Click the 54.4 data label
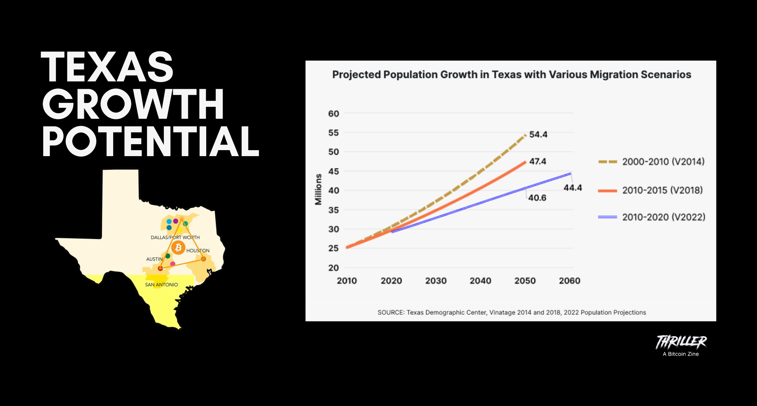click(x=538, y=134)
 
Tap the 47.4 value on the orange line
click(x=537, y=161)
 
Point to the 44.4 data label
click(x=572, y=188)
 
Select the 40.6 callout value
click(x=537, y=198)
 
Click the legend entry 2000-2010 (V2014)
click(x=663, y=162)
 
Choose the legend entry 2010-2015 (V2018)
click(x=662, y=190)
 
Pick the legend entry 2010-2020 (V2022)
click(x=663, y=217)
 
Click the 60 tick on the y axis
click(x=333, y=114)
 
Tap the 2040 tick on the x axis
click(x=480, y=281)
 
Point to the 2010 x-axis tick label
click(x=347, y=281)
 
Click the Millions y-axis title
click(x=318, y=189)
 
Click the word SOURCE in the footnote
click(x=390, y=313)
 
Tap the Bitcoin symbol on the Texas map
click(x=178, y=248)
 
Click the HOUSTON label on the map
click(x=198, y=251)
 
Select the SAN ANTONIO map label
click(x=161, y=285)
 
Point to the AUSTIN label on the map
click(x=154, y=259)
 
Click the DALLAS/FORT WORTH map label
click(x=175, y=238)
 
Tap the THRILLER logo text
click(x=681, y=342)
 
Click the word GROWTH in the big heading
click(x=133, y=104)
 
